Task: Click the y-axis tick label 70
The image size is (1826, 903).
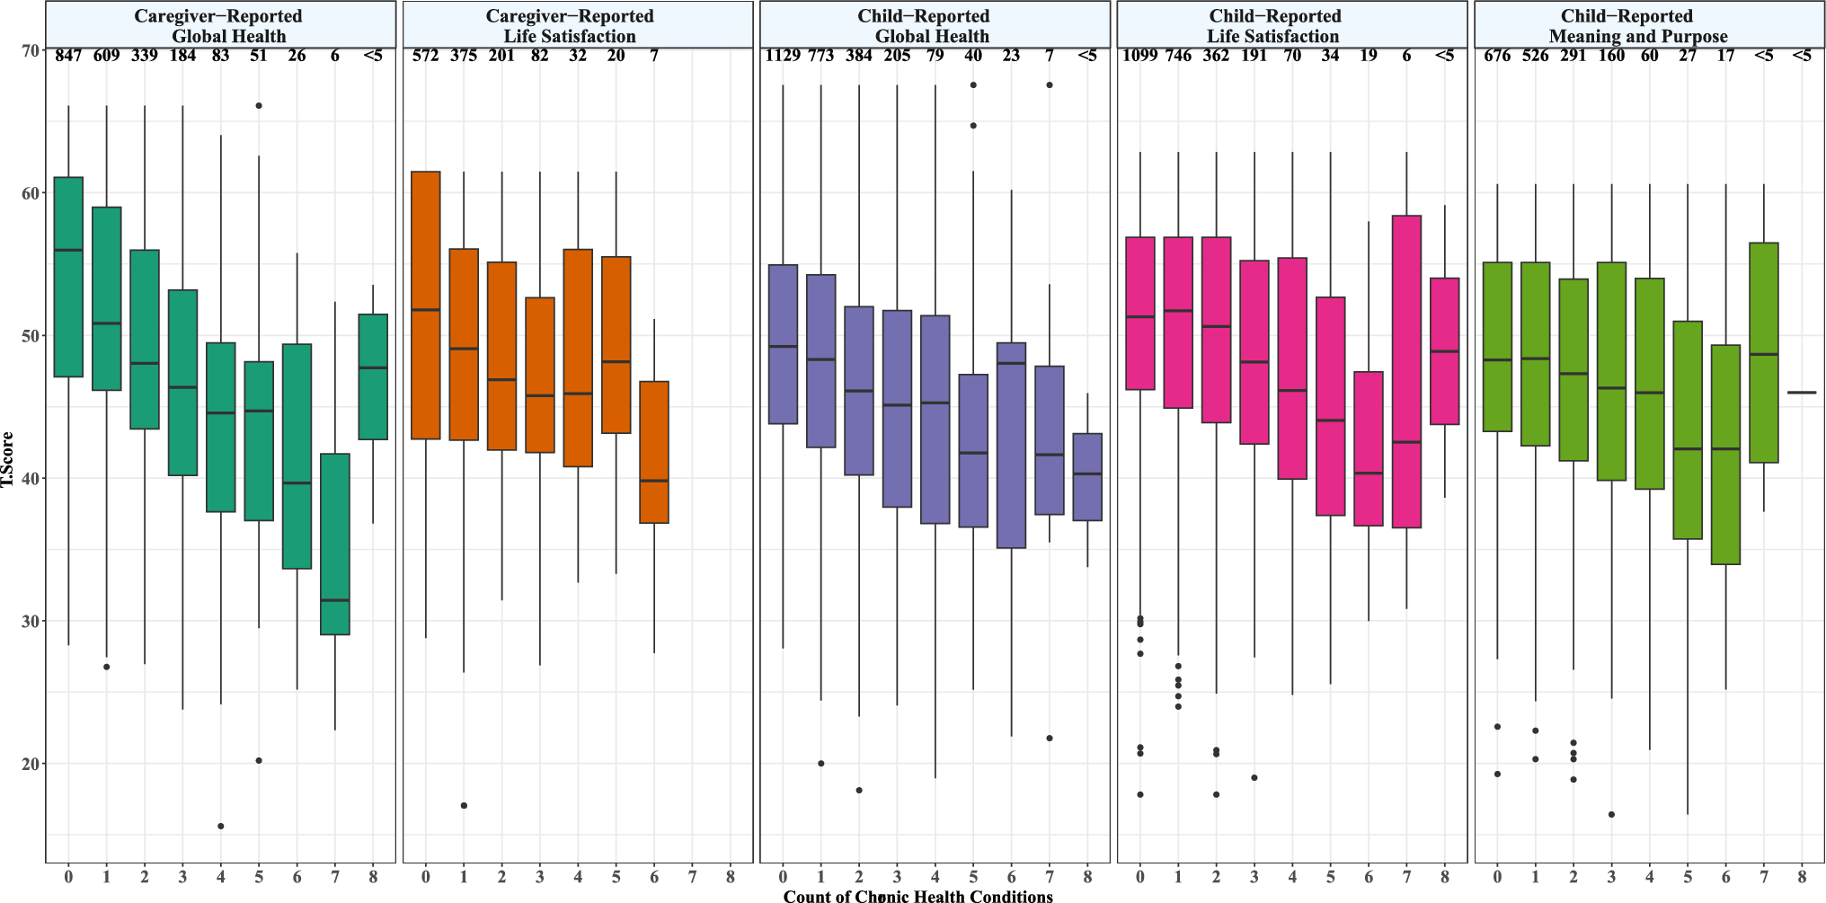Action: point(30,51)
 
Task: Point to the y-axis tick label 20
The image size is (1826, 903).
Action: point(30,764)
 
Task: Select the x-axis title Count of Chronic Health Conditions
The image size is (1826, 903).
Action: point(917,896)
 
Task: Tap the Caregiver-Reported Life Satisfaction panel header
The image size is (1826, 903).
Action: point(570,26)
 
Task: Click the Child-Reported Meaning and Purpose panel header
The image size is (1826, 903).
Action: point(1638,26)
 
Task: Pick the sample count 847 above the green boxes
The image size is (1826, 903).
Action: point(68,57)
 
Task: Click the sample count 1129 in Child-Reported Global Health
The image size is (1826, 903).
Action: point(783,57)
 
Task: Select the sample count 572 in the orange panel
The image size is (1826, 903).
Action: point(426,57)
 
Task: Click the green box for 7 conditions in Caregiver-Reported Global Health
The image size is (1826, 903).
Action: point(334,544)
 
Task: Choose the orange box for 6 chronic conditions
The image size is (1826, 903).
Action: point(653,452)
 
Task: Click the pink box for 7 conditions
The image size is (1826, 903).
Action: point(1407,371)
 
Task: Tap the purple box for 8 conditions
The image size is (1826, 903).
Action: point(1087,476)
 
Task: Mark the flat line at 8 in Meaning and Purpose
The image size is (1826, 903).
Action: point(1802,393)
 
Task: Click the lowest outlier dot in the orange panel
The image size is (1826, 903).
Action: point(464,805)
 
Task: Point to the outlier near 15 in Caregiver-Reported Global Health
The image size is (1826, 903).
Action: point(221,826)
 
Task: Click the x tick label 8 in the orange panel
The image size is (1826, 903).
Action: point(730,876)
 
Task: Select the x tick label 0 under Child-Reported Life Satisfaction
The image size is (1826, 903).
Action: point(1140,876)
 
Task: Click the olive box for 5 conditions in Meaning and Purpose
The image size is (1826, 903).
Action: point(1688,429)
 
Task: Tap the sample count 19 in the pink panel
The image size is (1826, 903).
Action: point(1369,57)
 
